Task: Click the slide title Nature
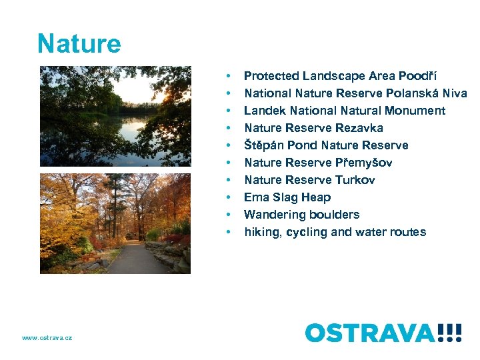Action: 79,44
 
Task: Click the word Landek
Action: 263,111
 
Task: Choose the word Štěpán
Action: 263,145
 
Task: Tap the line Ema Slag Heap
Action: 287,197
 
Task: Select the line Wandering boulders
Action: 301,215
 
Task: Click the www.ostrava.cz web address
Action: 47,338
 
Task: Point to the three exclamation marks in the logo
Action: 450,332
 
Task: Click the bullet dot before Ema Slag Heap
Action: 229,198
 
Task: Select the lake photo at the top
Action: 115,116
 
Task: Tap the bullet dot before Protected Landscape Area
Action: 229,77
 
